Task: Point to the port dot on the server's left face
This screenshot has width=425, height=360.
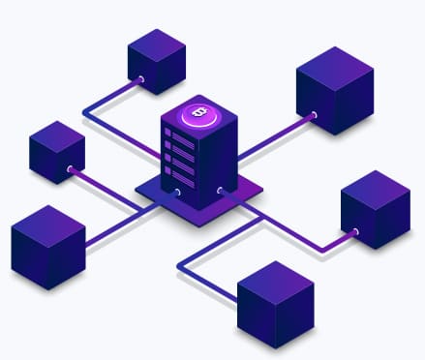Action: pos(177,192)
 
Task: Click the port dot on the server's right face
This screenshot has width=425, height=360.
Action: pos(221,191)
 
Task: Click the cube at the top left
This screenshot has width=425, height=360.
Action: pos(156,61)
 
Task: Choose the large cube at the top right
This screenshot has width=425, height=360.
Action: pos(335,89)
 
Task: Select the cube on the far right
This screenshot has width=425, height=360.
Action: pos(376,209)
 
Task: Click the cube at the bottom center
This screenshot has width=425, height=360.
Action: pos(275,303)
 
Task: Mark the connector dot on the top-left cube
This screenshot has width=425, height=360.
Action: pos(141,78)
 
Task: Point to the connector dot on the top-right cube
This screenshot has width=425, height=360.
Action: pos(313,115)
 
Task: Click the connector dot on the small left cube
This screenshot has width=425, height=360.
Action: pos(71,170)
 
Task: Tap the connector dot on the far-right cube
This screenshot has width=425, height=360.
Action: pos(355,231)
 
